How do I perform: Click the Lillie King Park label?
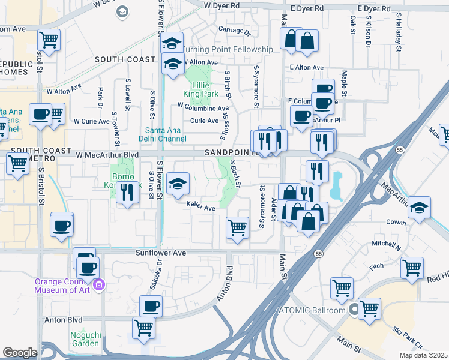201,89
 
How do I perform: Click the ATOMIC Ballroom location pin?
354,310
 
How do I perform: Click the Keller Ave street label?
200,208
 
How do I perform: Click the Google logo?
20,353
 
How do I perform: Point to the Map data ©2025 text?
425,355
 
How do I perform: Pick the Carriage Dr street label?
234,29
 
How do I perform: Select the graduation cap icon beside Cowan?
420,206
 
